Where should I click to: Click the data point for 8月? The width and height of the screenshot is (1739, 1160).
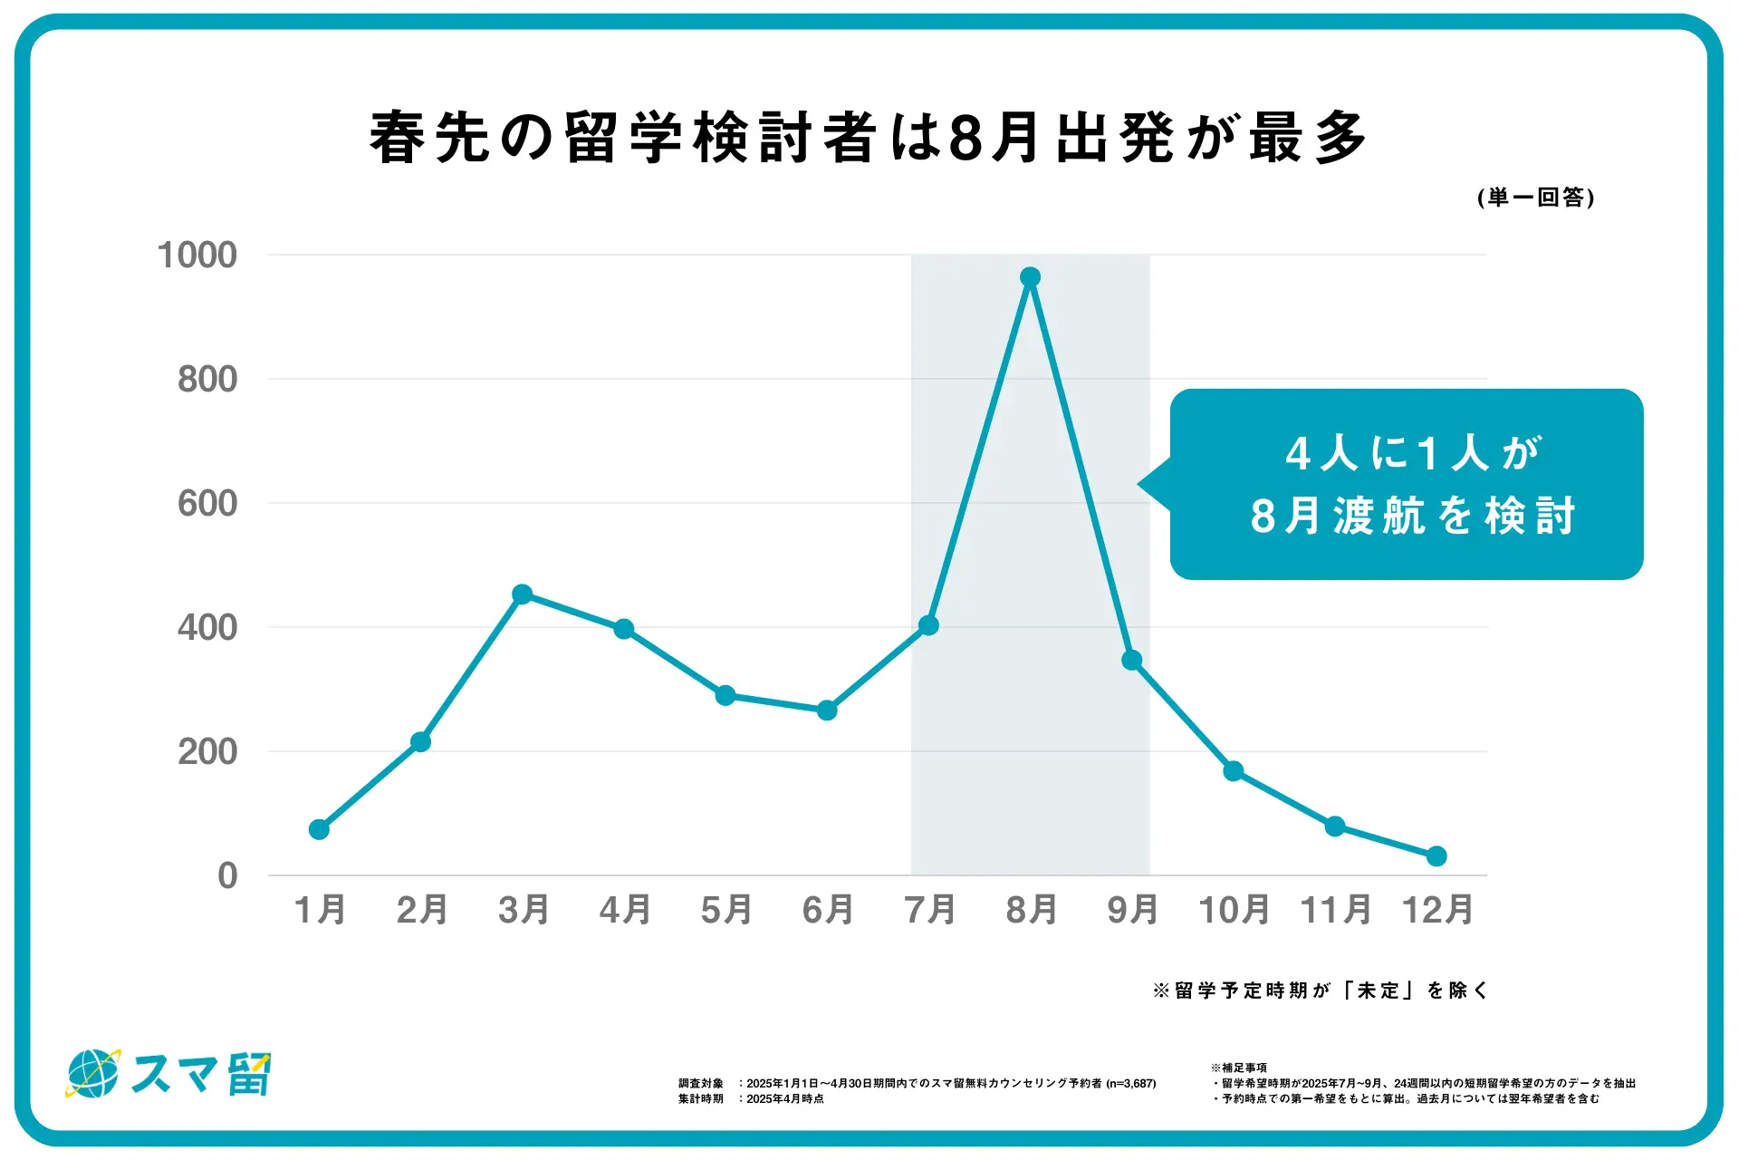(1030, 277)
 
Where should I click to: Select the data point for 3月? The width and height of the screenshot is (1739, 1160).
(522, 594)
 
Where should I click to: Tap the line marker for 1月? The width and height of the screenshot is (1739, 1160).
(319, 829)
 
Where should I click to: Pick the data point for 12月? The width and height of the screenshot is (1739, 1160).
(1436, 855)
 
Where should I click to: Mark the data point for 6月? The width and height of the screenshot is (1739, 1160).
(827, 710)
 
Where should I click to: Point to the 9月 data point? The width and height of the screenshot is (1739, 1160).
(1131, 661)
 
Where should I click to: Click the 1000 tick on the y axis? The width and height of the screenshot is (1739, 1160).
(197, 256)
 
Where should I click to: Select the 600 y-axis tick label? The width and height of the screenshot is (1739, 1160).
(207, 504)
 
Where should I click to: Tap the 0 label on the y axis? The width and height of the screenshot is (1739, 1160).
(227, 876)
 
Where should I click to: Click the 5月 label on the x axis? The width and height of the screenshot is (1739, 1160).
(726, 910)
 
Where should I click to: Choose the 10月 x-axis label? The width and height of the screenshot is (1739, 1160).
(1234, 910)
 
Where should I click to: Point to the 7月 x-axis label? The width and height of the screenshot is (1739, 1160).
(929, 910)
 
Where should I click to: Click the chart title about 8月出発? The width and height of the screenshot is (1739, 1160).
(868, 138)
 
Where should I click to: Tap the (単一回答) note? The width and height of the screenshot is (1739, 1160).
(1535, 198)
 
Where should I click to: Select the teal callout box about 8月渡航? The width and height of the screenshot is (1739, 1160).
(1407, 484)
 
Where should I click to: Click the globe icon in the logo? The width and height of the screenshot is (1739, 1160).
(93, 1074)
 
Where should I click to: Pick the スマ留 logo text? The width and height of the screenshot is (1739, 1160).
(201, 1075)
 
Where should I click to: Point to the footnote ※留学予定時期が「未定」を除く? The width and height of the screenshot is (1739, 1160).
(1320, 991)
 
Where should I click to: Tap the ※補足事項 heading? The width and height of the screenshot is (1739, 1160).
(1239, 1068)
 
